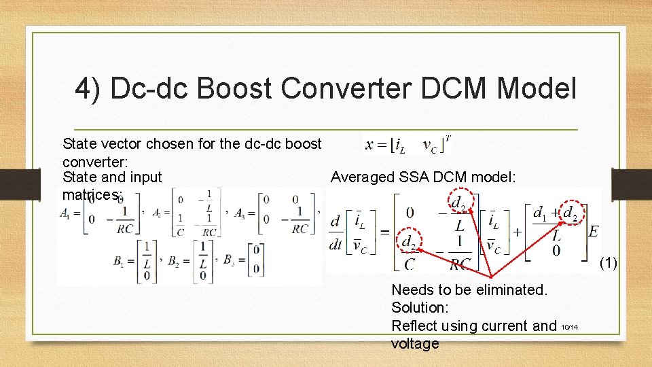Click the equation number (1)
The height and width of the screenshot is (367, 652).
[609, 263]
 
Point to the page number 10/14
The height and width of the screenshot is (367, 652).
[570, 328]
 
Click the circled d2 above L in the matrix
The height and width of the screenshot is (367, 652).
[459, 202]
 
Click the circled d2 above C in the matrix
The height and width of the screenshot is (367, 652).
[410, 242]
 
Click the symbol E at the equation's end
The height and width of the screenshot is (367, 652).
[593, 232]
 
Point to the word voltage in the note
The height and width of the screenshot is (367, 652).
[415, 344]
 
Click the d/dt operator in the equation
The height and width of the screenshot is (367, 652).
[336, 232]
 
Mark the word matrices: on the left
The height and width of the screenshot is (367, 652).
[91, 195]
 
